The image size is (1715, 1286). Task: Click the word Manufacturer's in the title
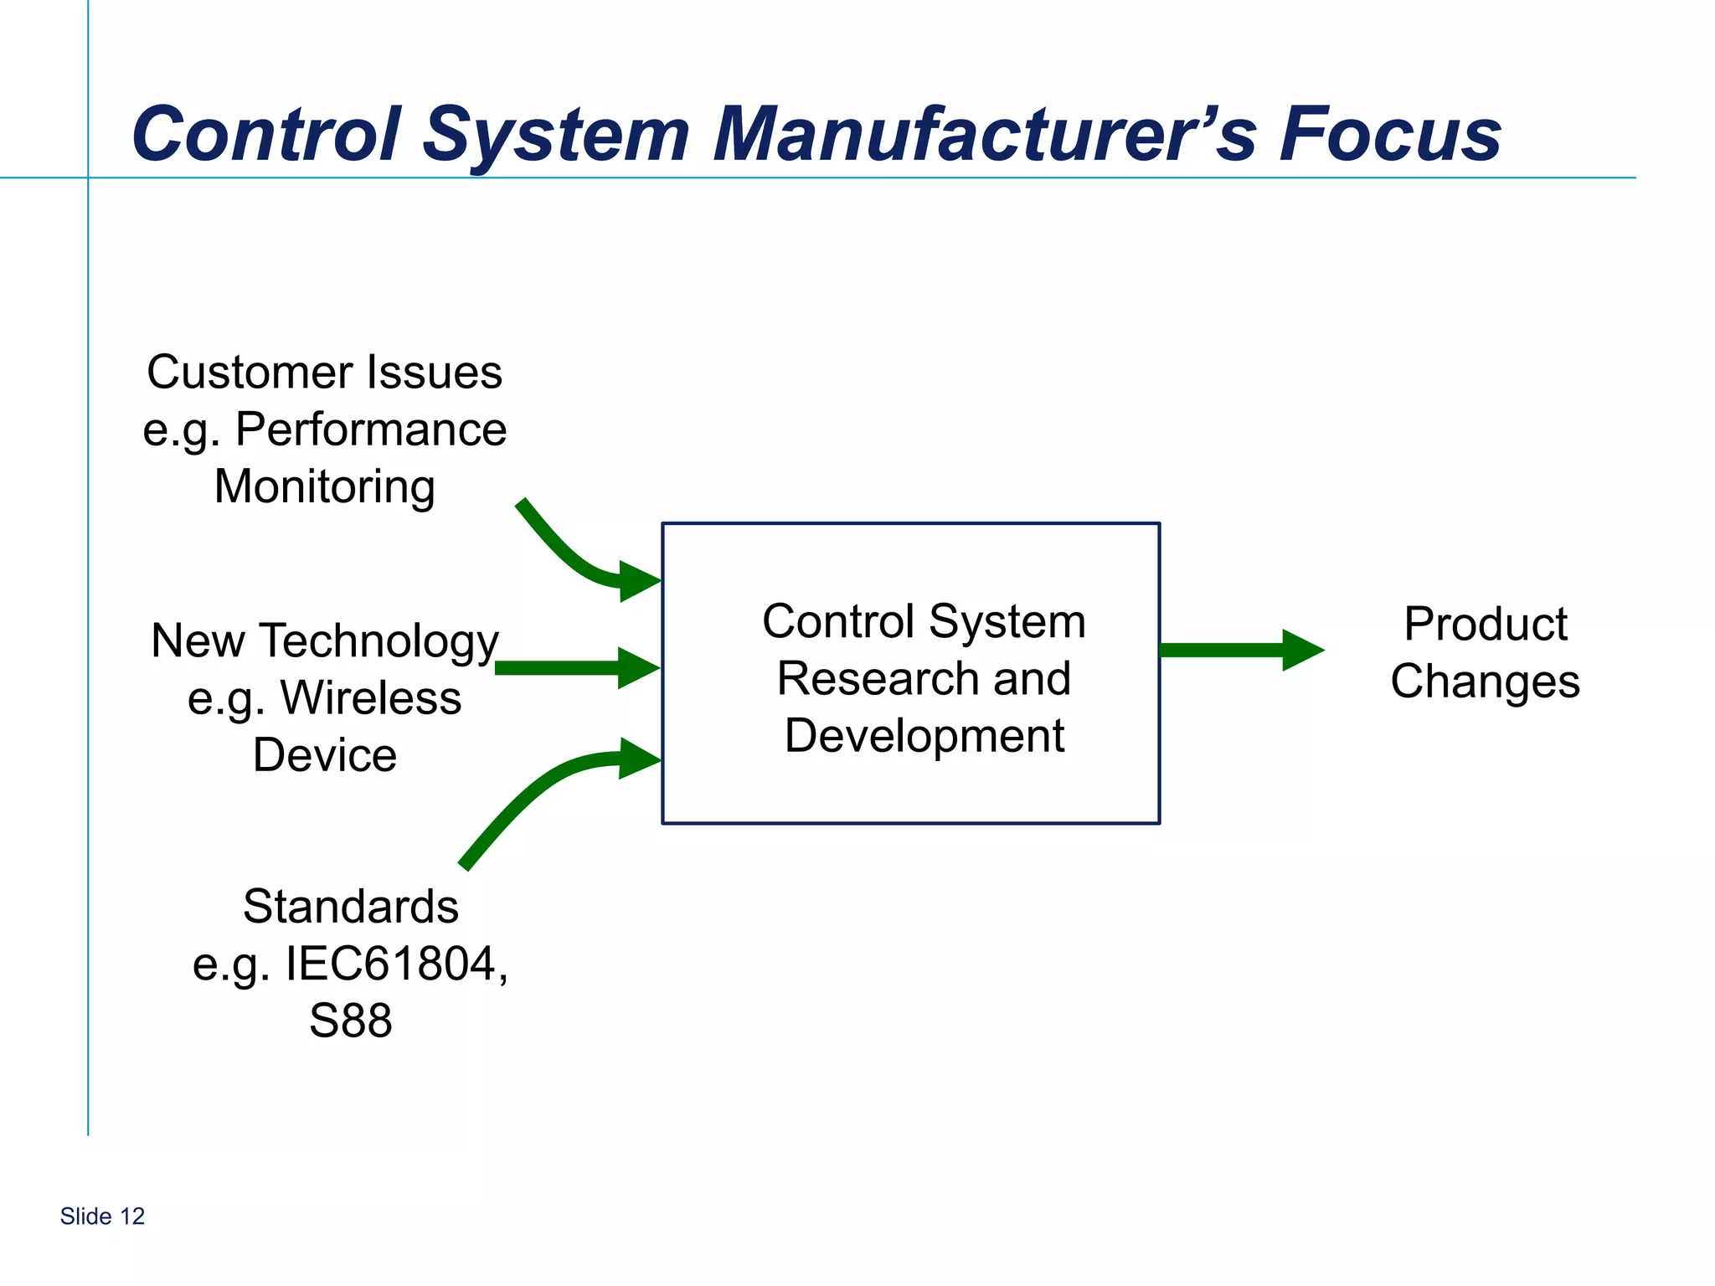[x=984, y=134]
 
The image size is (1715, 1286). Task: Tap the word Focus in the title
[x=1390, y=134]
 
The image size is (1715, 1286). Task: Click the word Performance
[x=371, y=430]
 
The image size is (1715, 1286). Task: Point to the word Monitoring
[x=325, y=487]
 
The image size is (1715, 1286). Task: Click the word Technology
[x=379, y=642]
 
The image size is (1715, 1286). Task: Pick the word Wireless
[x=370, y=698]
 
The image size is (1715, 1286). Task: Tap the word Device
[x=325, y=755]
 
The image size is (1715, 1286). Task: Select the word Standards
[x=351, y=907]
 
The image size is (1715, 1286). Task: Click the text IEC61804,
[x=396, y=964]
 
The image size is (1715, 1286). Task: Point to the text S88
[x=351, y=1021]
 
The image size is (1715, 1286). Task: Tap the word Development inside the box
[x=924, y=736]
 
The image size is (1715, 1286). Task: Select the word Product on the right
[x=1486, y=625]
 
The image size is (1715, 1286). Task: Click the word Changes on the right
[x=1486, y=682]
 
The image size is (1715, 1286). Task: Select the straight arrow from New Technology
[x=569, y=667]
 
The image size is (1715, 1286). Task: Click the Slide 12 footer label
[x=102, y=1217]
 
